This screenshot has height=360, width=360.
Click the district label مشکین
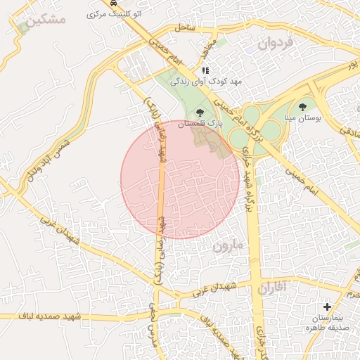pos(48,19)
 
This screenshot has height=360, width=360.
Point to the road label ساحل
pos(185,27)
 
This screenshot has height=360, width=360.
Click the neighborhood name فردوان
pos(279,43)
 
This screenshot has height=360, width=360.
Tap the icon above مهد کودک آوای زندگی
pos(205,71)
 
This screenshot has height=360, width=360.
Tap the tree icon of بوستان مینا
pos(302,108)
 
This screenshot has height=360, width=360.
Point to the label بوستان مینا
pos(302,119)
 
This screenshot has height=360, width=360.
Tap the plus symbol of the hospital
pos(326,307)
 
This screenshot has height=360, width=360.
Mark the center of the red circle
pos(180,179)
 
